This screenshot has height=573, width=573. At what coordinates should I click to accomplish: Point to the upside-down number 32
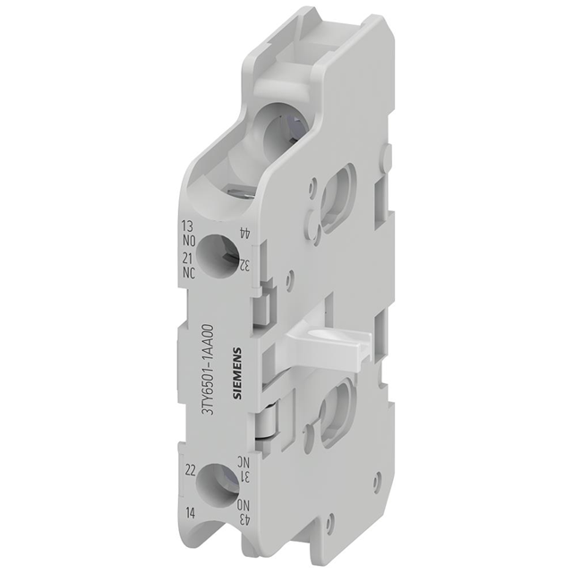(243, 265)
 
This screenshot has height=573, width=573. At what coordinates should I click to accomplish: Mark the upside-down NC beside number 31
(241, 461)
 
